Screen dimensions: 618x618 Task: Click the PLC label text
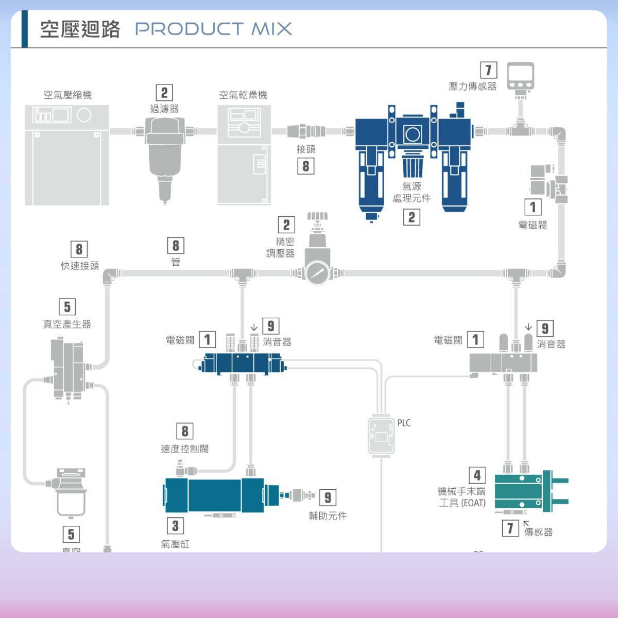coord(404,423)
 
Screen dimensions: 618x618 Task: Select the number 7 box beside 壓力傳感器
coord(488,70)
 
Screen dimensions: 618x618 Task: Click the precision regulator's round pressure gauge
coord(316,272)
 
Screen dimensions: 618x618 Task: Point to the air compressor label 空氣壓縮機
coord(67,95)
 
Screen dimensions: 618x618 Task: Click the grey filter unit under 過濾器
coord(165,154)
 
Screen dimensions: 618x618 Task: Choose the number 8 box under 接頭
coord(305,166)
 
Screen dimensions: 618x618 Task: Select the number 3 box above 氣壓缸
coord(175,525)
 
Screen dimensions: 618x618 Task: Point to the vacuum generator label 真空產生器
coord(67,324)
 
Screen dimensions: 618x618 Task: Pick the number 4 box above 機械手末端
coord(477,475)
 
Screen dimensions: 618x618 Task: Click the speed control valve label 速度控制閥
coord(185,449)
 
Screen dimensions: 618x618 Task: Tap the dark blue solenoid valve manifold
coord(242,364)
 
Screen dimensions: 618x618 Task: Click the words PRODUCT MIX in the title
coord(213,29)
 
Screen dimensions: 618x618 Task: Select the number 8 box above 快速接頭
coord(79,249)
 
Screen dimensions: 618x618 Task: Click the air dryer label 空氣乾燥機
coord(243,95)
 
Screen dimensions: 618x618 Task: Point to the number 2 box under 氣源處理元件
coord(411,217)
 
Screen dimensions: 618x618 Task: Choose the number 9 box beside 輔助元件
coord(328,497)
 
